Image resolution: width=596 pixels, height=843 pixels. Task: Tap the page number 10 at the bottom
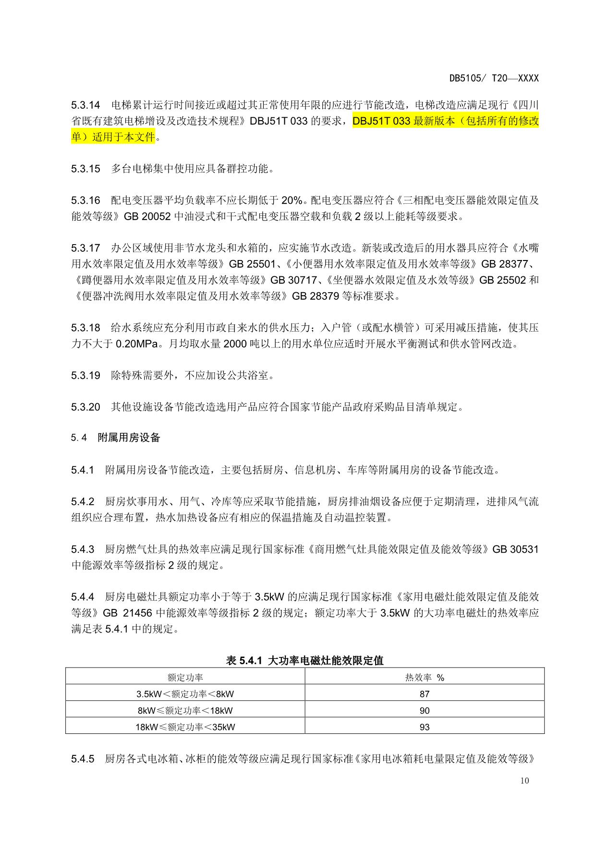[524, 781]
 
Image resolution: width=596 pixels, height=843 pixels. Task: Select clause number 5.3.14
[85, 105]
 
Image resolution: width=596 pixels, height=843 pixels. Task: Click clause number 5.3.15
[85, 169]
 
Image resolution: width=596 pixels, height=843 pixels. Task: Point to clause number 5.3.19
[85, 375]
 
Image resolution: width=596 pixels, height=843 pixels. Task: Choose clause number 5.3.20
[85, 407]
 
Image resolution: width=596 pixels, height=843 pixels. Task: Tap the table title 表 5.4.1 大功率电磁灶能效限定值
[304, 660]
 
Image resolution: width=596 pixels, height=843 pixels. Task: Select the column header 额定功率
[185, 677]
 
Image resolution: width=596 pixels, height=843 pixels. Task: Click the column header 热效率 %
[425, 677]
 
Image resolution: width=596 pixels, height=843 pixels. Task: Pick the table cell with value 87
[425, 694]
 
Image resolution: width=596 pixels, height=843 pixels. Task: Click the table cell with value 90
[425, 710]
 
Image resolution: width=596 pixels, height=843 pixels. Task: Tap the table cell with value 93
[425, 727]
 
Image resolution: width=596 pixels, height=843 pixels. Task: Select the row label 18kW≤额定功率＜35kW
[185, 727]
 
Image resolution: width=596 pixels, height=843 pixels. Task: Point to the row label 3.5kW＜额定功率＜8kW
[185, 694]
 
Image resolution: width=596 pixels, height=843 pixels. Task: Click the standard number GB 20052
[147, 216]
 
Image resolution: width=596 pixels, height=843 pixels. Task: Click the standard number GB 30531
[515, 549]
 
